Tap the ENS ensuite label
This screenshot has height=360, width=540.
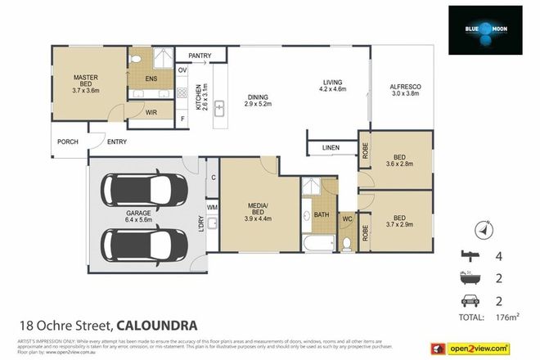point(151,79)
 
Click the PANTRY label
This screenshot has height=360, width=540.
point(200,56)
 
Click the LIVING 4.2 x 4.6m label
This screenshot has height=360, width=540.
point(331,86)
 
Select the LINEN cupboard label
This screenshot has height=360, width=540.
point(331,148)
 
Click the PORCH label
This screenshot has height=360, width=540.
point(67,142)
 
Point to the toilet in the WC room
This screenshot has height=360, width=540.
point(346,242)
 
